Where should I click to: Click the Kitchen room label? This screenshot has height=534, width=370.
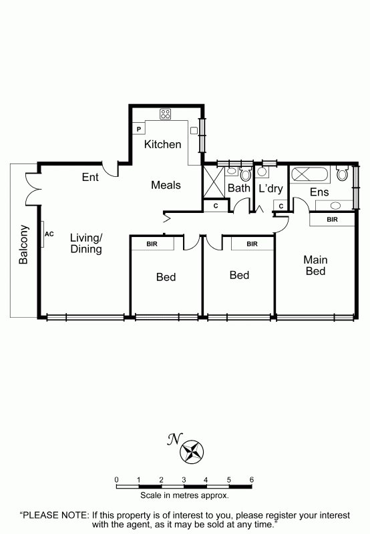point(162,144)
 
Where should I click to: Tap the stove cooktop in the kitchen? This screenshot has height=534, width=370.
point(165,114)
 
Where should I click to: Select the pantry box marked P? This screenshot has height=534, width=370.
point(139,129)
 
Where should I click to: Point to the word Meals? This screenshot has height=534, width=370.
point(166,186)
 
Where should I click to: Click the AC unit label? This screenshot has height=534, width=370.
point(49,234)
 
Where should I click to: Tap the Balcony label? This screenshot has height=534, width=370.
point(23,244)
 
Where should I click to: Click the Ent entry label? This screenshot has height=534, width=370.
point(90,177)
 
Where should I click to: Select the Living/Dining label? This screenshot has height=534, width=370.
point(86,243)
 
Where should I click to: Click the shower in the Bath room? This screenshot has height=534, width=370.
point(214,182)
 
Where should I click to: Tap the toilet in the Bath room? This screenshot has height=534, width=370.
point(245,174)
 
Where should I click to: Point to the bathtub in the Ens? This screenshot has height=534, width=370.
point(310,175)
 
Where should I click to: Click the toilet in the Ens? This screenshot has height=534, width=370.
point(342,173)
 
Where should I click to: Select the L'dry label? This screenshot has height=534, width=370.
point(271,188)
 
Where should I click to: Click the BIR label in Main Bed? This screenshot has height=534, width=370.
point(332,220)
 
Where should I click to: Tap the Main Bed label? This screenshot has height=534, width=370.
point(315,265)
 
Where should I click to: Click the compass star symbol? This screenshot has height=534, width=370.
point(192,453)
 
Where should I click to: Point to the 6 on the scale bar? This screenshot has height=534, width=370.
point(251,480)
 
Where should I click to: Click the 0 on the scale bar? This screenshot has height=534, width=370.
point(116,480)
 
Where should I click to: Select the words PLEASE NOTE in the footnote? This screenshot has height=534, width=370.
point(56,515)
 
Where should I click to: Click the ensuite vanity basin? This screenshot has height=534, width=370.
point(335,206)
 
